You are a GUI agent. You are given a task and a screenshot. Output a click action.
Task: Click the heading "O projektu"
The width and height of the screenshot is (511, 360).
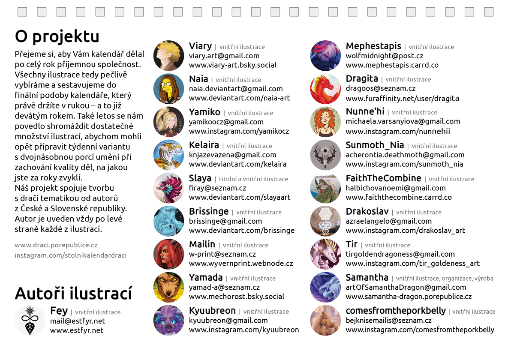tap(57, 37)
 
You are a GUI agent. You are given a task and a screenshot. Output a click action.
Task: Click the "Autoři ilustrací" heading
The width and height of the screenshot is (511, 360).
tap(73, 294)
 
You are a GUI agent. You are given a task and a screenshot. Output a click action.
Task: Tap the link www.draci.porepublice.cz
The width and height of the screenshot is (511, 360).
tap(56, 245)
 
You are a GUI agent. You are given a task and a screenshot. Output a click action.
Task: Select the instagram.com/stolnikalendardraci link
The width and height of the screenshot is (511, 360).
tap(71, 255)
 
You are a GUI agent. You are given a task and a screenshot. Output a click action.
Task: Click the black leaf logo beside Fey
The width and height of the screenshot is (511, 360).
tap(30, 320)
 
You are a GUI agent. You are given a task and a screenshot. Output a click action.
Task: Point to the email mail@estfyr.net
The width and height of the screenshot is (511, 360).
tap(78, 321)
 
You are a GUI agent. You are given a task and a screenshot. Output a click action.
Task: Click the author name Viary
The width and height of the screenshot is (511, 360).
tap(200, 46)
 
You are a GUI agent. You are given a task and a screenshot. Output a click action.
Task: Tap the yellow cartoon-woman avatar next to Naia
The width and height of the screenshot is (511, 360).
tap(168, 89)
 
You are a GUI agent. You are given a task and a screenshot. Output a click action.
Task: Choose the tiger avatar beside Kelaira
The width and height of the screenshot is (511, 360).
tap(168, 155)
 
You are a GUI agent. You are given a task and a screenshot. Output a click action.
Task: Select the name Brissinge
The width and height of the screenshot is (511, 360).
tap(209, 211)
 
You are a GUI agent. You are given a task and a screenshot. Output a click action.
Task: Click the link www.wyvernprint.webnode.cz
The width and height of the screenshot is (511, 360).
tap(241, 264)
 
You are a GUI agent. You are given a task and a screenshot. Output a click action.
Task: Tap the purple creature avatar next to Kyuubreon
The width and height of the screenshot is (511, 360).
tap(168, 320)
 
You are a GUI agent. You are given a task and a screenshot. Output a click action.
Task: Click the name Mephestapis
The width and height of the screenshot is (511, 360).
tap(373, 46)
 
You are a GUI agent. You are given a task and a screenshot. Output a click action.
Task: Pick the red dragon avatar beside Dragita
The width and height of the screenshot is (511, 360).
tap(325, 89)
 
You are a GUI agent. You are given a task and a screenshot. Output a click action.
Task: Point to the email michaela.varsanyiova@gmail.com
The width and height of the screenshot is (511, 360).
tap(403, 122)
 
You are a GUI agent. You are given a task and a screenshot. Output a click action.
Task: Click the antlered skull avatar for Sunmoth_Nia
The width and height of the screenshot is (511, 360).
tap(325, 155)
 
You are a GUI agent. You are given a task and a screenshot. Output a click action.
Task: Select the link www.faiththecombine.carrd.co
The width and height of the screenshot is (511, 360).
tap(399, 198)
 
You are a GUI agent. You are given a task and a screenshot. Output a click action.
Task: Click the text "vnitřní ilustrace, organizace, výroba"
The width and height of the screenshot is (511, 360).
tap(445, 279)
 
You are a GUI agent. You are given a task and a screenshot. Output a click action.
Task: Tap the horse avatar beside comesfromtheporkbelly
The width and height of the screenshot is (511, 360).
tap(325, 320)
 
